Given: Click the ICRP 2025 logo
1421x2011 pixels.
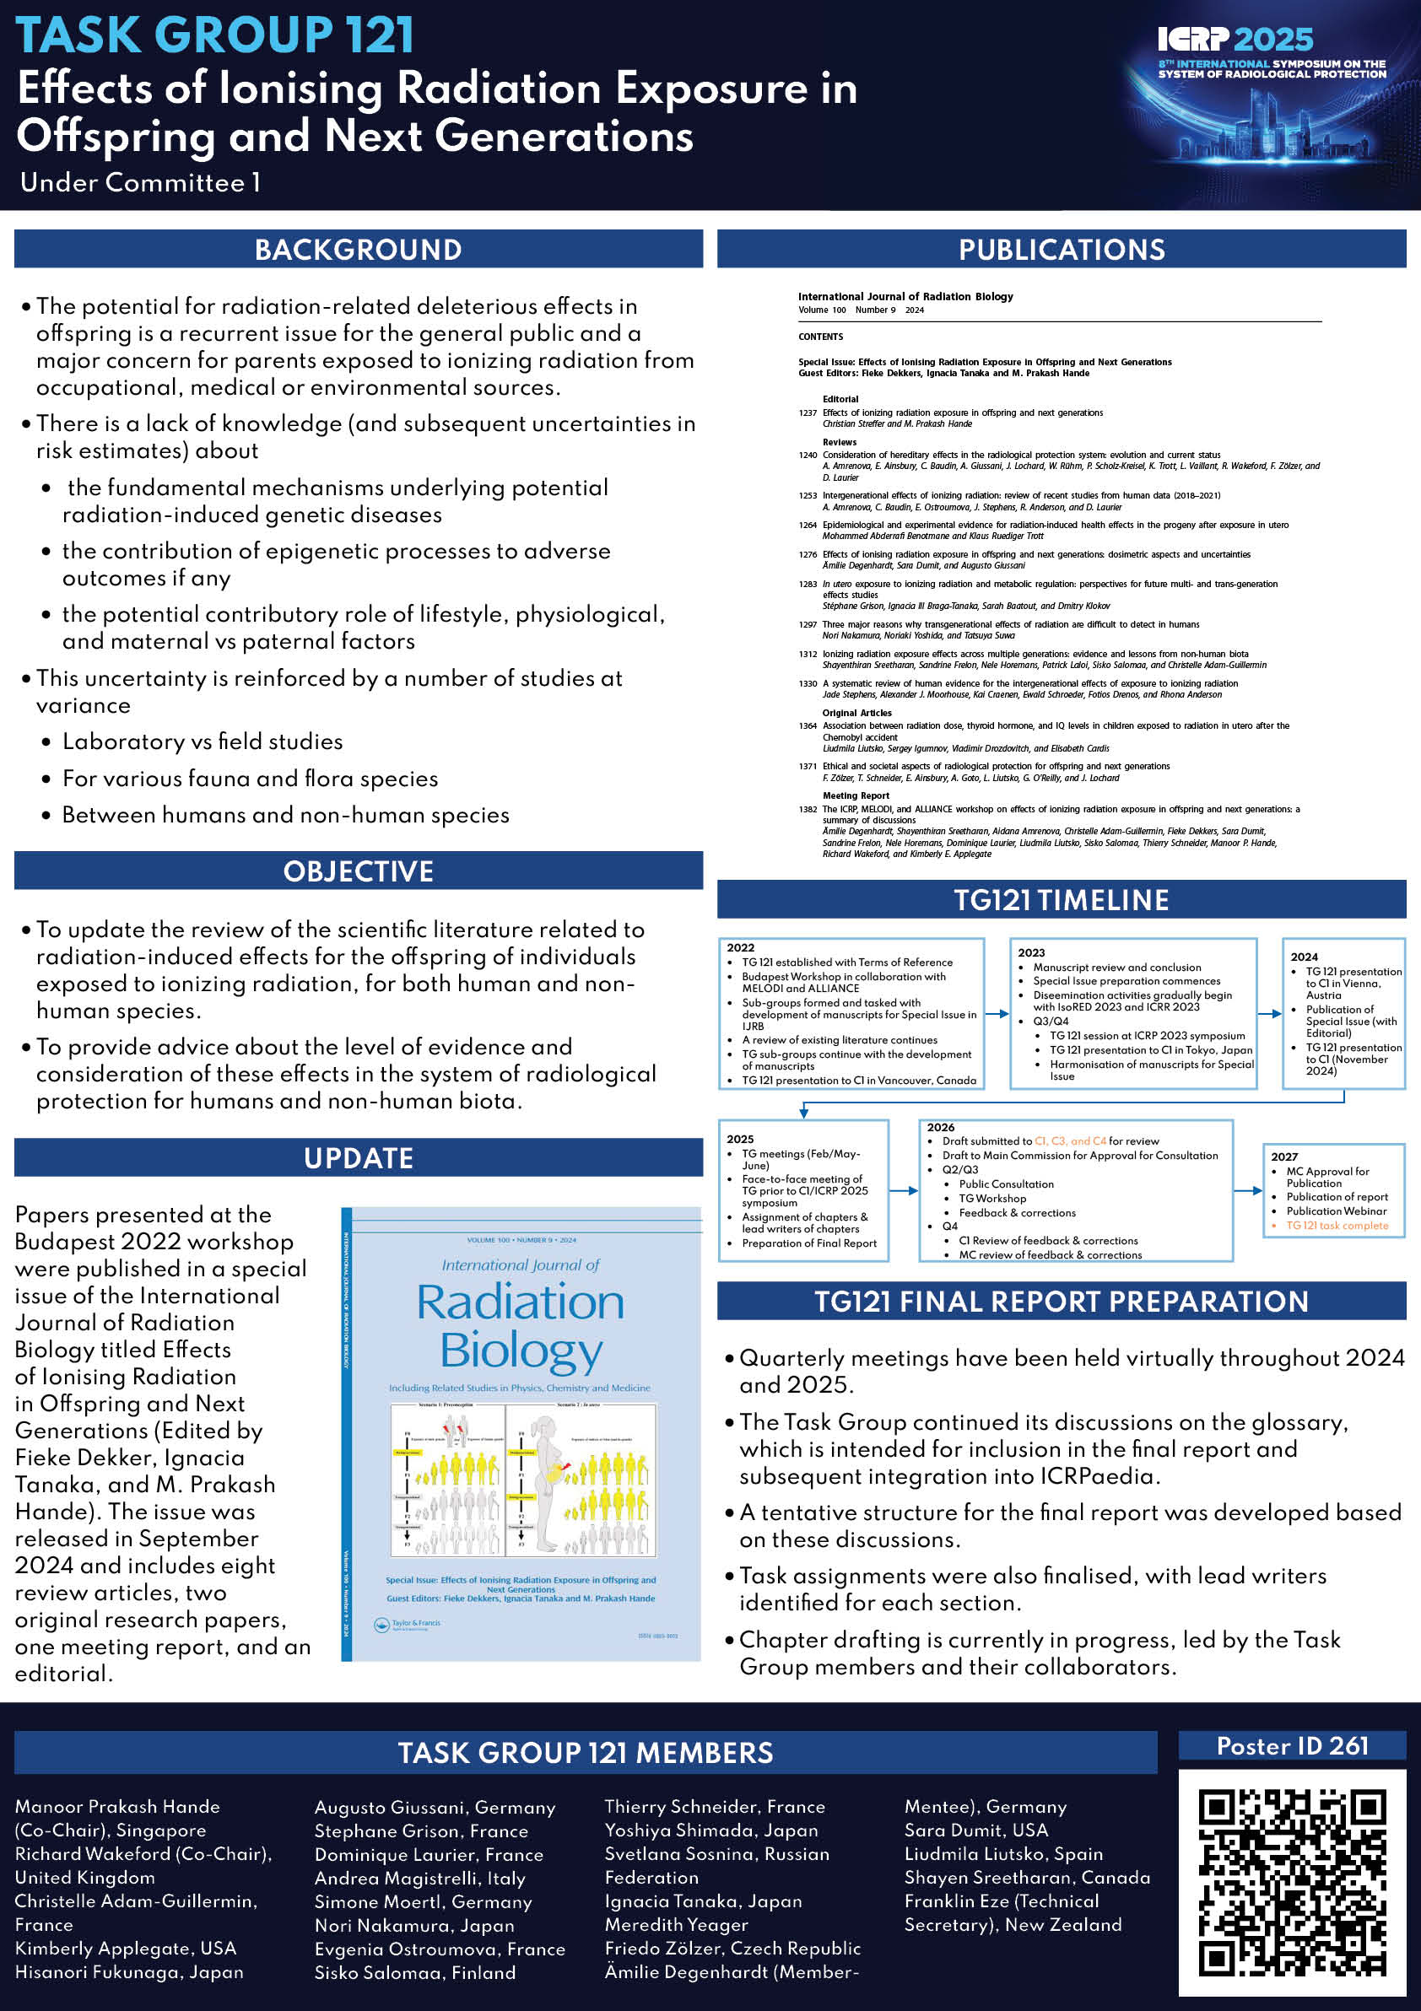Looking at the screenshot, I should click(1235, 40).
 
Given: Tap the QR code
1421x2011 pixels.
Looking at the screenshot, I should click(1292, 1883).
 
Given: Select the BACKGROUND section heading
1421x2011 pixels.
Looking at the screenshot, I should click(359, 250).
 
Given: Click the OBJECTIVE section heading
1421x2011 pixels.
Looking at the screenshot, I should click(359, 871).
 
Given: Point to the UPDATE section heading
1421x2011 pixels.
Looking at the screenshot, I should click(359, 1158).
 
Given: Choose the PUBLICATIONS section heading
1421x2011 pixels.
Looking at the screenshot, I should click(1061, 250).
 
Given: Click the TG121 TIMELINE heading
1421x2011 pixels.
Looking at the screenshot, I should click(1061, 900).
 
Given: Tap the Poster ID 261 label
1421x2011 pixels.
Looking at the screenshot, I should click(1292, 1746).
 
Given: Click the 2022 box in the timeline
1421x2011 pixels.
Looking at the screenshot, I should click(851, 1014).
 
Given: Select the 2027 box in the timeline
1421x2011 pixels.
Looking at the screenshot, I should click(1333, 1190).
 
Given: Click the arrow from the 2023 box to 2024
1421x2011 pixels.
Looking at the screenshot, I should click(1269, 1014).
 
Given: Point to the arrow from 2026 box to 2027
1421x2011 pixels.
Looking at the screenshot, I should click(1247, 1191).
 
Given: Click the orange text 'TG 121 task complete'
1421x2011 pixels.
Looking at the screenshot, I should click(1337, 1226).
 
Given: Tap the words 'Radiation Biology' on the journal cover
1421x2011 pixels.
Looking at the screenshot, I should click(521, 1326).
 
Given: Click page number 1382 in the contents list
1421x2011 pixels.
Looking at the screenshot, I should click(808, 809).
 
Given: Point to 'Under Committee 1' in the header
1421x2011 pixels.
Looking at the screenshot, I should click(140, 182).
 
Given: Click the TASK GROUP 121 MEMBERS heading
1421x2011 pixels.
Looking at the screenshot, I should click(586, 1753).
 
